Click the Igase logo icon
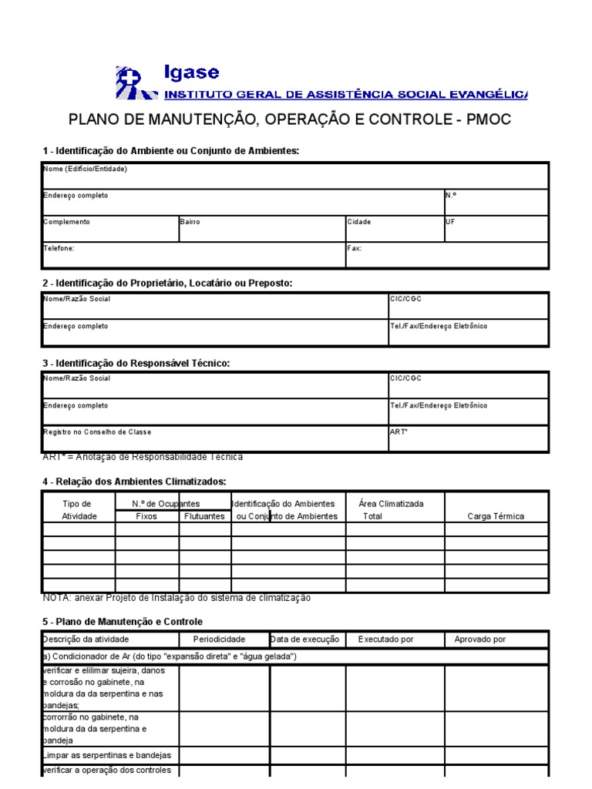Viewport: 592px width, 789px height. pos(133,82)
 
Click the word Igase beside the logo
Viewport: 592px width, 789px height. pos(191,73)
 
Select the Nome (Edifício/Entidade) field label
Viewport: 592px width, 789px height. pos(85,169)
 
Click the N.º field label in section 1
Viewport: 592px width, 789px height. pos(451,195)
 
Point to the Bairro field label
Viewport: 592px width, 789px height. pos(190,222)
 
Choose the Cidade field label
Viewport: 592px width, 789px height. pos(359,222)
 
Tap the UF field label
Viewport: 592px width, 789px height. pos(451,222)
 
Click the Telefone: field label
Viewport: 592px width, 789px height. pos(59,249)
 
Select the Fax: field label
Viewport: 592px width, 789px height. pos(355,249)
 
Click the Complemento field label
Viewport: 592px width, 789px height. pos(66,222)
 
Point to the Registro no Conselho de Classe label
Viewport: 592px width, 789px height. pos(92,432)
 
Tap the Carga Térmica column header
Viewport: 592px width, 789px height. pos(496,516)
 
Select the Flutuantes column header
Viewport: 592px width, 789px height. pos(205,516)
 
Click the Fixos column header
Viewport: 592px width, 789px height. pos(146,516)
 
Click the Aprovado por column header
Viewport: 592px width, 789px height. pos(480,640)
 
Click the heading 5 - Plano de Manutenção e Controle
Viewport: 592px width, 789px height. pos(123,621)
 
